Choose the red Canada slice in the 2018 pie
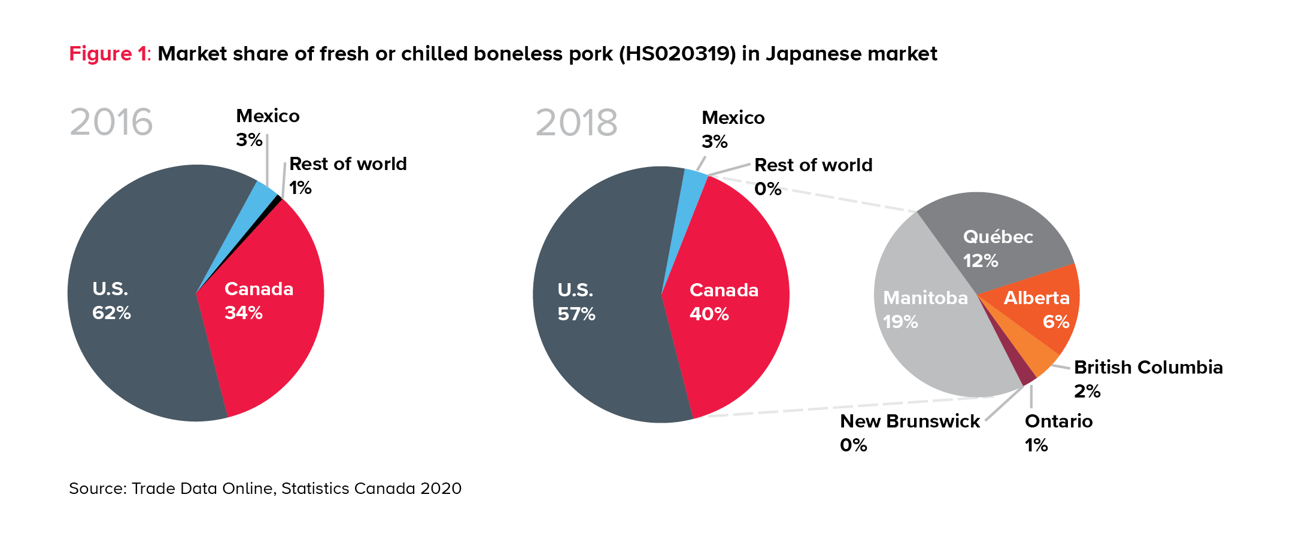(x=736, y=347)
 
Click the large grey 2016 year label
(x=111, y=122)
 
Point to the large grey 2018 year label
(x=576, y=123)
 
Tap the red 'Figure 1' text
(x=108, y=54)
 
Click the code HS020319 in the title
(x=677, y=54)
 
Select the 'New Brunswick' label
(x=910, y=421)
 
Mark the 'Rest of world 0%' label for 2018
(x=813, y=177)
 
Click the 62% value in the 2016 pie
(x=111, y=313)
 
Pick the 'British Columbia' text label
(x=1148, y=368)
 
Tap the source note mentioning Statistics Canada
(x=265, y=489)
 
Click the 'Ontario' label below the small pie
(x=1058, y=421)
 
